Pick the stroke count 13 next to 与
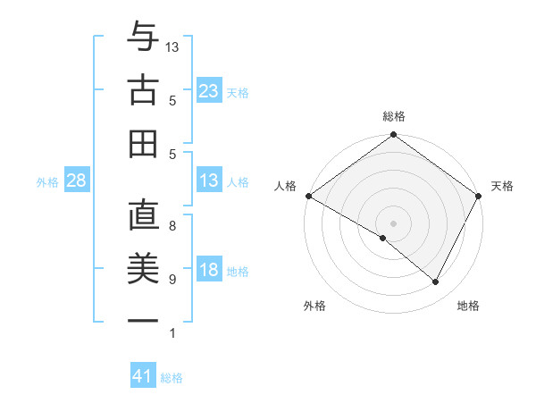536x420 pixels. tap(172, 46)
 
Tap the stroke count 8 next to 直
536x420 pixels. tap(172, 226)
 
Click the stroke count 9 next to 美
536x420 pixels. tap(172, 280)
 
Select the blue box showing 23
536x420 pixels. tap(208, 90)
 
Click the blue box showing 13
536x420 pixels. tap(208, 181)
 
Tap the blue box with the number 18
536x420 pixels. tap(208, 271)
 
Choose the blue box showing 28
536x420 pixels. tap(76, 181)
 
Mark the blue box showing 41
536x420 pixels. tap(143, 376)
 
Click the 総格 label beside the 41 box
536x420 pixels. tap(172, 378)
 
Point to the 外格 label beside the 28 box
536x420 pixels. tap(47, 182)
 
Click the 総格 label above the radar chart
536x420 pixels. tap(393, 116)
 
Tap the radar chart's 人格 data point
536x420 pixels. tap(307, 196)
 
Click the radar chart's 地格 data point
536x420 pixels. tap(436, 282)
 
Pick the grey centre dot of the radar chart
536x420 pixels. tap(393, 223)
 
